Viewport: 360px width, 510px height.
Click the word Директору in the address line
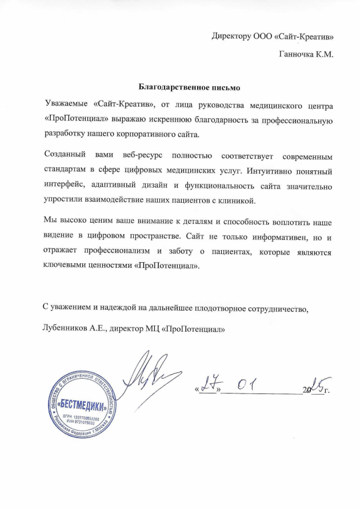(231, 37)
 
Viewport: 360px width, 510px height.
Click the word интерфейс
(66, 186)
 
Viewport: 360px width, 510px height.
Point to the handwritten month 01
(246, 386)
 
